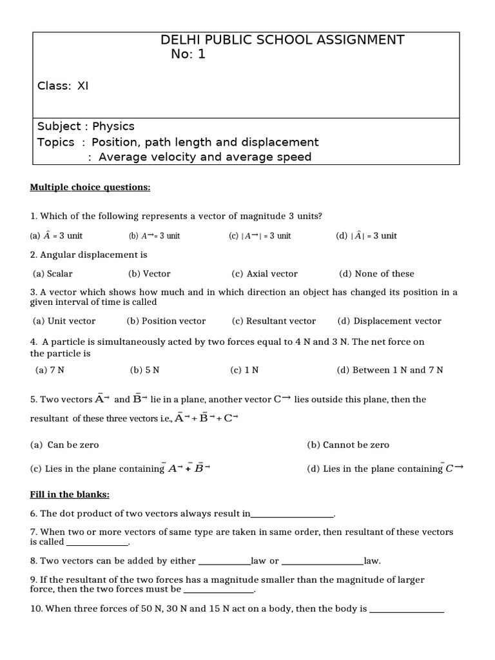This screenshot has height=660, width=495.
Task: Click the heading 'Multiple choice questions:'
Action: click(x=90, y=188)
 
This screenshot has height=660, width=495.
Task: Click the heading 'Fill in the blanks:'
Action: click(x=70, y=494)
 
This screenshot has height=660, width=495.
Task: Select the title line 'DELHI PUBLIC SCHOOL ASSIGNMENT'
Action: click(x=282, y=40)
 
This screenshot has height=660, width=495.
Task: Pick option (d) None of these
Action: click(x=376, y=274)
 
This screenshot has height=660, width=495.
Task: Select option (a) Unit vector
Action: click(x=64, y=321)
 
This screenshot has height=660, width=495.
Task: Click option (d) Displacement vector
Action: click(x=389, y=321)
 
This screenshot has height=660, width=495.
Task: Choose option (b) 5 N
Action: click(x=144, y=370)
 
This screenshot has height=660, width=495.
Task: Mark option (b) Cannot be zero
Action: click(x=348, y=445)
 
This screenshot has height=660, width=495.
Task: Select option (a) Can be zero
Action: click(x=64, y=445)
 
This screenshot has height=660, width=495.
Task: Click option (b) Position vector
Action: click(x=166, y=321)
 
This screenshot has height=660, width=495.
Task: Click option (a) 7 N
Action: click(x=50, y=370)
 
